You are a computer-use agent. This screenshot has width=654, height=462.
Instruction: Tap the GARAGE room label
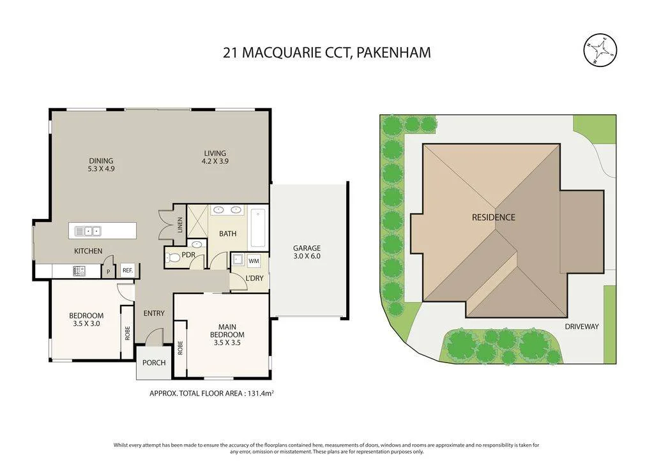(307, 248)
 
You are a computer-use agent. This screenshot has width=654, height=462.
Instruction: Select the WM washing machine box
(254, 261)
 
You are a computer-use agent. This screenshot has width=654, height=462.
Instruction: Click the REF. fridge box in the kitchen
(128, 271)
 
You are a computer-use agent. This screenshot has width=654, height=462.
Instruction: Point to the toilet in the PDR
(174, 258)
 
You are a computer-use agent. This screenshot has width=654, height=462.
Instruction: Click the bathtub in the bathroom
(259, 227)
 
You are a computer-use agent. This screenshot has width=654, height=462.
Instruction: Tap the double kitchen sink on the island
(87, 230)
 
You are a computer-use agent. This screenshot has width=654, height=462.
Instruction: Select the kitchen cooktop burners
(79, 271)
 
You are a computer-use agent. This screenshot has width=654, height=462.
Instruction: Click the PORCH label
(154, 363)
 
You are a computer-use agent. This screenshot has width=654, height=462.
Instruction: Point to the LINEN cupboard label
(180, 225)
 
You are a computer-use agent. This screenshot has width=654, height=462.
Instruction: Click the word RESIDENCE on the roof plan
(494, 217)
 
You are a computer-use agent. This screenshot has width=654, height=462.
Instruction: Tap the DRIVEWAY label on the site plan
(582, 327)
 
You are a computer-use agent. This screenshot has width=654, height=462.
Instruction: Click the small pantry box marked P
(108, 271)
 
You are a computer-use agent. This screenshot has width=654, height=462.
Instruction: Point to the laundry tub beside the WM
(239, 260)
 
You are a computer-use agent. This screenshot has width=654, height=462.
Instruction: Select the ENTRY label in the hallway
(154, 313)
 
